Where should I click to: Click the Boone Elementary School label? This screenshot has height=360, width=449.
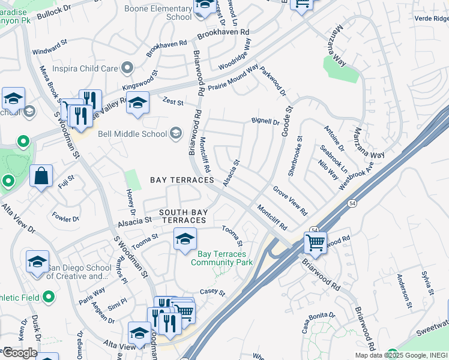(x=157, y=13)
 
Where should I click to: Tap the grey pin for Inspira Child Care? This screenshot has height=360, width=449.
(x=127, y=68)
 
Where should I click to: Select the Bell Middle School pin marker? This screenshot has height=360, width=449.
(x=176, y=132)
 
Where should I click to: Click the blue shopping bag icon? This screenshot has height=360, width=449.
(x=41, y=177)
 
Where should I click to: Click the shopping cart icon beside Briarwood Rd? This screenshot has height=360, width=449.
(x=315, y=243)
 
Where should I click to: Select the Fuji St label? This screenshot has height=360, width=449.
(x=67, y=178)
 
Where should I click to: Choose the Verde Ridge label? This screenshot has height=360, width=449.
(x=431, y=19)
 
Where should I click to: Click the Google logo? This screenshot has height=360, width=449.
(x=19, y=353)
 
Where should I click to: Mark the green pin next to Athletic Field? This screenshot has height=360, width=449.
(x=49, y=296)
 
